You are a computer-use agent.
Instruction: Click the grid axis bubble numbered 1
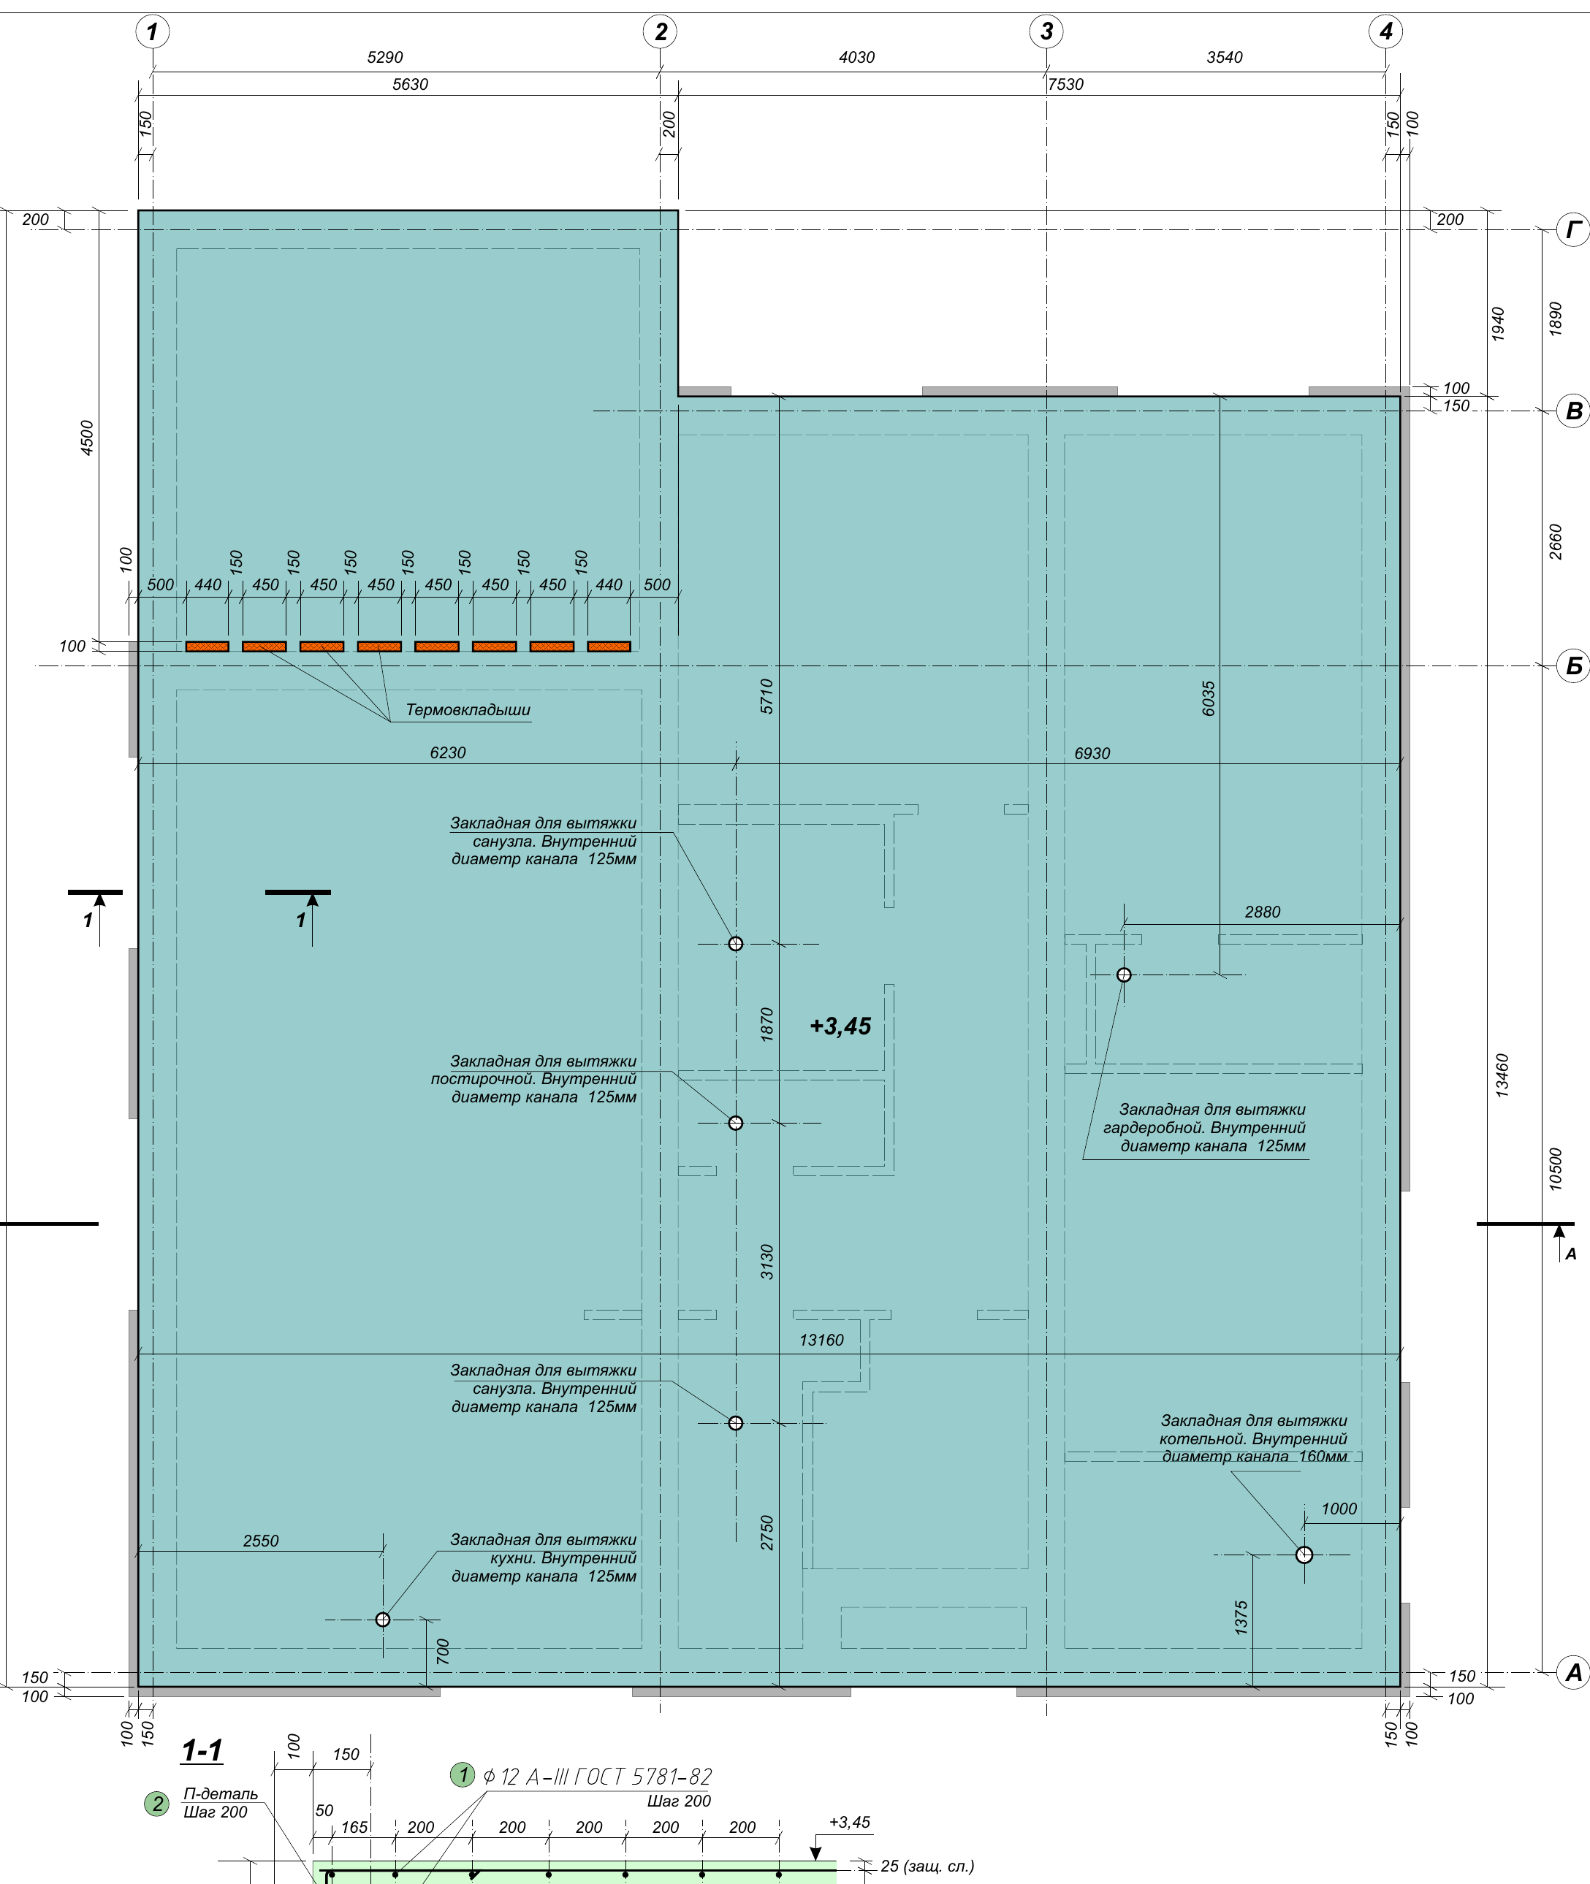pos(152,31)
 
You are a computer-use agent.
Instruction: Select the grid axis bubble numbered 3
pos(1046,31)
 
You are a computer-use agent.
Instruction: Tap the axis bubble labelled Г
pos(1574,230)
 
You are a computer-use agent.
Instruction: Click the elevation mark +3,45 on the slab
pos(840,1026)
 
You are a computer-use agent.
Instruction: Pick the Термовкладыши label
pos(468,710)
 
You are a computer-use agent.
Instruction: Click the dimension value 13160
pos(821,1340)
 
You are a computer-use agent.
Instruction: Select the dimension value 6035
pos(1209,698)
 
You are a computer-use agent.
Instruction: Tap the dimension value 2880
pos(1262,912)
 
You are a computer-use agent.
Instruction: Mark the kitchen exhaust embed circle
pos(382,1619)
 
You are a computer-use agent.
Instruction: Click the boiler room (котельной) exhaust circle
pos(1304,1555)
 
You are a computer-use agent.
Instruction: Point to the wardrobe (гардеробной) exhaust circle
pos(1123,975)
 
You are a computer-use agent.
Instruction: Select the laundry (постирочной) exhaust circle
pos(736,1123)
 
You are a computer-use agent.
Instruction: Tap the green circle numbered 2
pos(157,1804)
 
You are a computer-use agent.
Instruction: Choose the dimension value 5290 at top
pos(385,58)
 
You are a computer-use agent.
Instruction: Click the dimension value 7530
pos(1065,85)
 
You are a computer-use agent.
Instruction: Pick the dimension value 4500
pos(88,438)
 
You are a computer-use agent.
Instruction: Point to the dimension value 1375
pos(1241,1618)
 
